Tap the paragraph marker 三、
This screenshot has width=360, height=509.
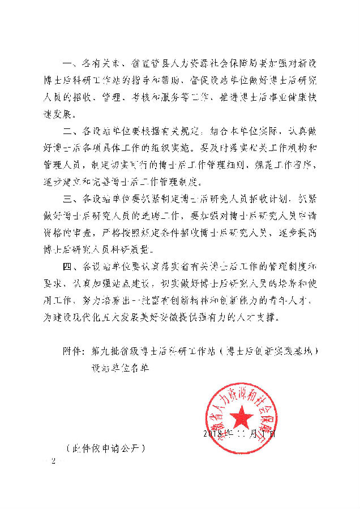click(x=72, y=200)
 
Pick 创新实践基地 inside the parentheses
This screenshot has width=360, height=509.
click(x=285, y=351)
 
